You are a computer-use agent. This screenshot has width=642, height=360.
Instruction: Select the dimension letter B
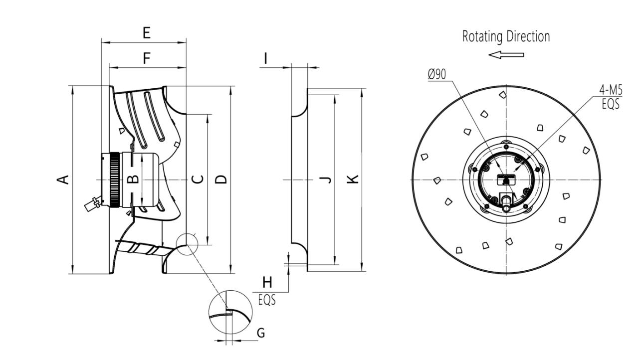click(x=132, y=179)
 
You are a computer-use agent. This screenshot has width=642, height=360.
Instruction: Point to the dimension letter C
click(x=198, y=179)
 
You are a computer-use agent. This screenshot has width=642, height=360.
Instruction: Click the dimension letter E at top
click(x=146, y=33)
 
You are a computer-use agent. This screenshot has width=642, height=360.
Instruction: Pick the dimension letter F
click(x=146, y=59)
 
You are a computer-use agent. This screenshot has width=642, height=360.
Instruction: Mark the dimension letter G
click(x=260, y=333)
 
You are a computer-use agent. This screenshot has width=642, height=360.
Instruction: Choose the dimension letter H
click(x=267, y=283)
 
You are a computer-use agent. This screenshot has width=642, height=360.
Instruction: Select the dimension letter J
click(x=325, y=179)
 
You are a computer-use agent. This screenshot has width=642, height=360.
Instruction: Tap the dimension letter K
click(x=352, y=179)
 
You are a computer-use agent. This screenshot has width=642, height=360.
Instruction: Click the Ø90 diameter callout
click(x=437, y=75)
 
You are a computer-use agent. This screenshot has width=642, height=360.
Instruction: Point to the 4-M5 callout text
click(x=609, y=91)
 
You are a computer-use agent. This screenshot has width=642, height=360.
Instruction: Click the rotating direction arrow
click(x=506, y=54)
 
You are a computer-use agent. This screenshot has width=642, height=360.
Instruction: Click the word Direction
click(x=528, y=37)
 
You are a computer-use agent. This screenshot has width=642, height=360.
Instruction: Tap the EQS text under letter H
click(x=267, y=301)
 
